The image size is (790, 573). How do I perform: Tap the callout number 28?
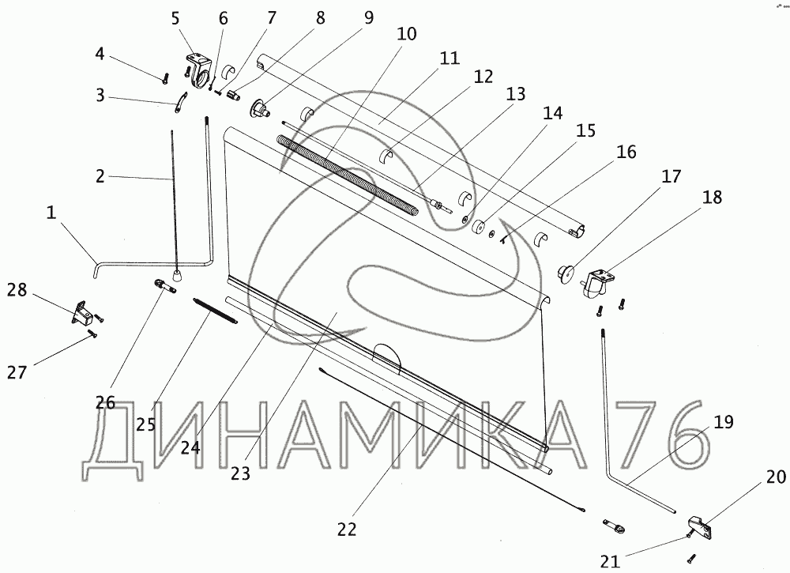(17, 290)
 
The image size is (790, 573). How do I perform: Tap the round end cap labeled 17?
(566, 272)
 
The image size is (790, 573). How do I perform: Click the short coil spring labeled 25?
(215, 309)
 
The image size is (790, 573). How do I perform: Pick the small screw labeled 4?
(166, 77)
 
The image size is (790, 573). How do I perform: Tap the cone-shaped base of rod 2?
(179, 273)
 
